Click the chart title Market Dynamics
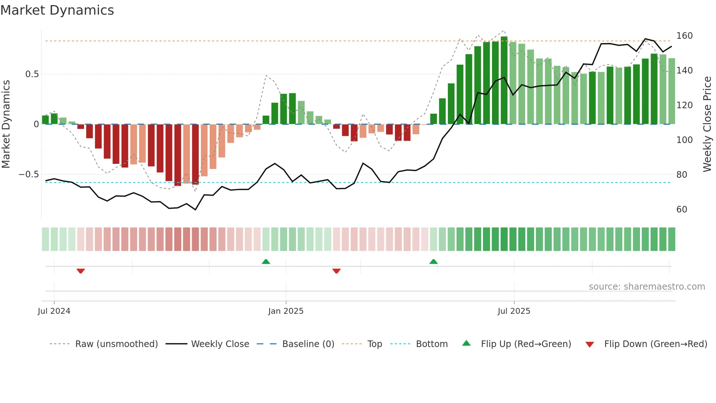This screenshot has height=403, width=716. click(x=57, y=10)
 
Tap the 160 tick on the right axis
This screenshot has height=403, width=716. click(x=684, y=36)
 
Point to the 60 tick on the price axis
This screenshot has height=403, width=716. click(x=682, y=210)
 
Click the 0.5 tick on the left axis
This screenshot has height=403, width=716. click(x=32, y=74)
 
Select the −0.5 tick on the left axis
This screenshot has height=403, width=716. click(x=29, y=174)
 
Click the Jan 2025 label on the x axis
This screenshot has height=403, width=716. click(x=286, y=311)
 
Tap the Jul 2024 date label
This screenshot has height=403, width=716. click(x=54, y=311)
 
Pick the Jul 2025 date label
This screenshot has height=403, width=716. click(x=514, y=311)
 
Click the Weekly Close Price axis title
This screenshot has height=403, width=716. click(x=707, y=124)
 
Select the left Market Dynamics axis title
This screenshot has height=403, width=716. click(x=6, y=124)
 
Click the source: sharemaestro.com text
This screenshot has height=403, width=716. click(x=647, y=287)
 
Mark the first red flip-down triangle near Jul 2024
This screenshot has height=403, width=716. click(x=81, y=271)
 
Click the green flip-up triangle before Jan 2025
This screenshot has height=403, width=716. click(x=266, y=261)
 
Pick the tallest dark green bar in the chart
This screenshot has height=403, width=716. click(x=504, y=80)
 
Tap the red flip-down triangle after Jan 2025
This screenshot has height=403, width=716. click(x=336, y=271)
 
